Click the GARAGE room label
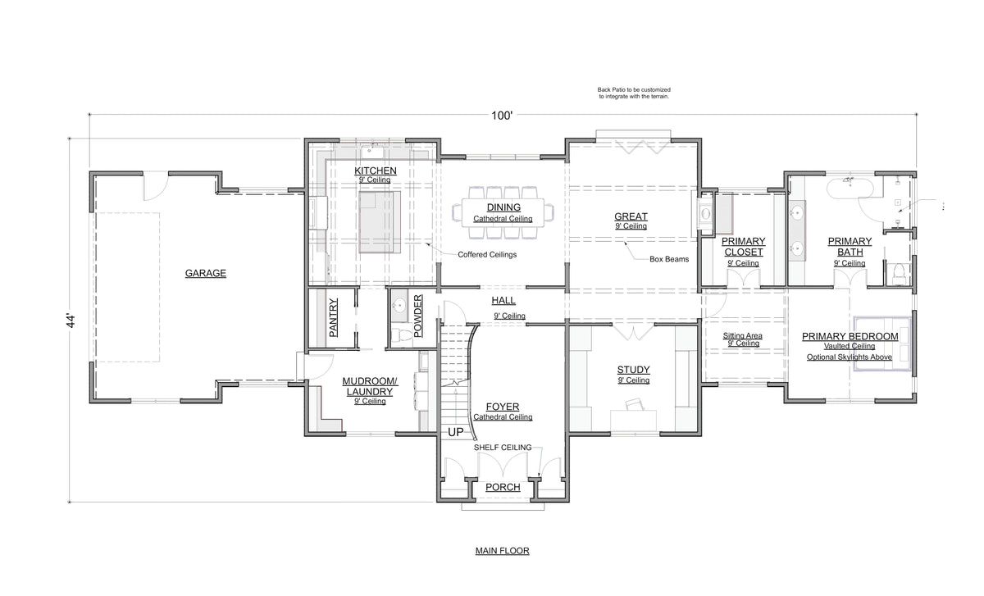coord(205,273)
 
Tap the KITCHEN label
coord(376,171)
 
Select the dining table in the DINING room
coord(503,212)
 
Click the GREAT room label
coord(631,216)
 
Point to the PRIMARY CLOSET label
coord(743,247)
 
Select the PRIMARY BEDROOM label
coord(850,336)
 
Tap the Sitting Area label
coord(742,336)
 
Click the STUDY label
coord(633,370)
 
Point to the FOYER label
coord(502,407)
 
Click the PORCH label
coord(503,487)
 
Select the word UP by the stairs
coord(455,431)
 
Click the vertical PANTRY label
coord(334,317)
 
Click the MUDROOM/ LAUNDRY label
coord(369,386)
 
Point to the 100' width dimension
coord(502,116)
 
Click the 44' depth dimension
coord(71,321)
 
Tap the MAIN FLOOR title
coord(502,551)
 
